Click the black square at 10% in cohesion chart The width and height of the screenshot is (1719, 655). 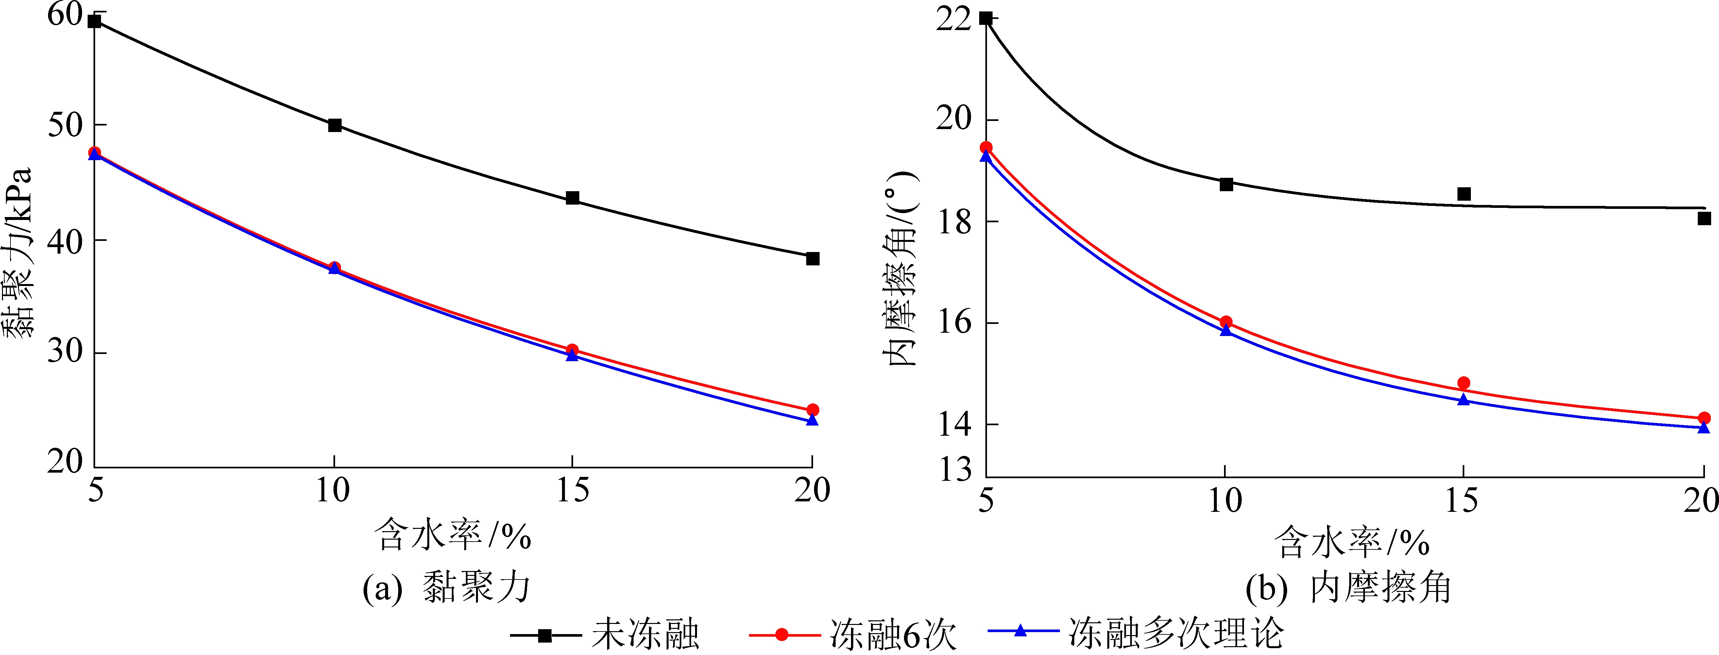coord(335,126)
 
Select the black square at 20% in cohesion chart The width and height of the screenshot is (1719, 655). coord(812,259)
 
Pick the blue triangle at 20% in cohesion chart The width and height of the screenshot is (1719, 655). coord(812,420)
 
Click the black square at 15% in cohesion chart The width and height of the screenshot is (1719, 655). coord(572,198)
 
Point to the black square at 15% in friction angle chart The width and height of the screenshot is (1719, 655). coord(1464,194)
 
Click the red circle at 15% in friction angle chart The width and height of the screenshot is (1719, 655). coord(1464,383)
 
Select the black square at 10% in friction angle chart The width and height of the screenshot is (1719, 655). coord(1226,184)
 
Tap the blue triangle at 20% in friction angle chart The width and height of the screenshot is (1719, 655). coord(1704,428)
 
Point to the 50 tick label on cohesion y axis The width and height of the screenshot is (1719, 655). coord(65,126)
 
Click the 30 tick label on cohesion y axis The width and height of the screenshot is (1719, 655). coord(65,351)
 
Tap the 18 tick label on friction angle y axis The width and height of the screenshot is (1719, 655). coord(954,222)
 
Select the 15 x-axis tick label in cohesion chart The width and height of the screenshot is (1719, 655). coord(572,492)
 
